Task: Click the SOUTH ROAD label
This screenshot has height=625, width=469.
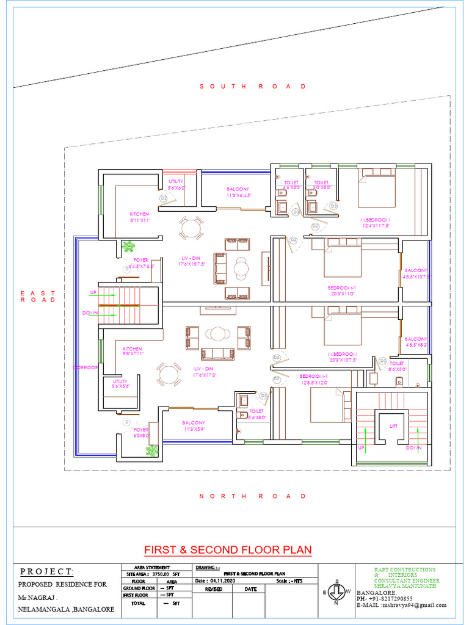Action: [x=253, y=87]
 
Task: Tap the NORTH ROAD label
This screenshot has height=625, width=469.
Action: [x=253, y=496]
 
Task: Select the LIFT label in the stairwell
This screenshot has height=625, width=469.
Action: [x=393, y=426]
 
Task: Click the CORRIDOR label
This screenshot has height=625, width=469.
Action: [x=85, y=367]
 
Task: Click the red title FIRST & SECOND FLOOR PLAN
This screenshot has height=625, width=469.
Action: [x=228, y=550]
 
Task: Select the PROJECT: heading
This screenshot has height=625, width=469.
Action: [x=47, y=572]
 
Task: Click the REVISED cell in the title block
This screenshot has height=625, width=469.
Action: [x=213, y=590]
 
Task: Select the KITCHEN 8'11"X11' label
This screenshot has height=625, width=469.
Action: [x=139, y=217]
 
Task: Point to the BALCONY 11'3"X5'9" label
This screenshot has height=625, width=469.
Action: [x=194, y=425]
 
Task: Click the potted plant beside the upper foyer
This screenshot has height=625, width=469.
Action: [x=128, y=247]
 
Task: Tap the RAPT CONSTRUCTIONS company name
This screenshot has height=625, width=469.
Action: [x=405, y=569]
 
